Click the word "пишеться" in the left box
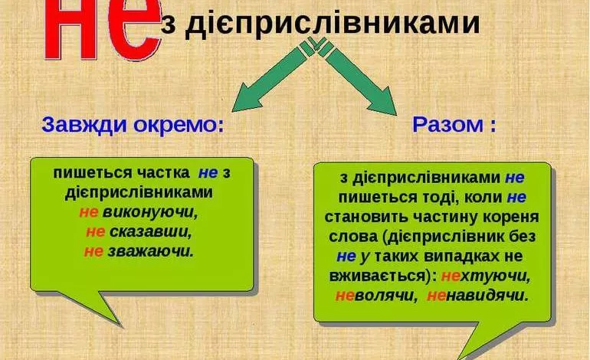pos(83,173)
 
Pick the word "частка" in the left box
pos(153,173)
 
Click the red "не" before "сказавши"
pos(95,231)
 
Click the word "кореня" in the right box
pos(501,216)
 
